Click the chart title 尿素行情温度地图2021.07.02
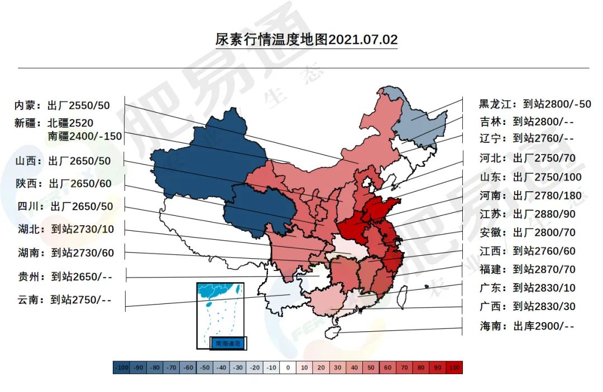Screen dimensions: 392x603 (x=307, y=40)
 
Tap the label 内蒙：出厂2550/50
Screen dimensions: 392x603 (x=62, y=105)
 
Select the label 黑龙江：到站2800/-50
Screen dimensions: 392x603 (x=535, y=104)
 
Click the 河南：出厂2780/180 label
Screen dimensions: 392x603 (x=530, y=196)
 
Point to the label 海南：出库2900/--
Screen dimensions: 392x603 (x=527, y=326)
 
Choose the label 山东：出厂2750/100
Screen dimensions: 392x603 (x=530, y=177)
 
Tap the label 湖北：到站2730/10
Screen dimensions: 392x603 (x=66, y=229)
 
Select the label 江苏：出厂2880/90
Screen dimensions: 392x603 (x=528, y=214)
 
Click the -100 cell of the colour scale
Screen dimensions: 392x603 (x=121, y=367)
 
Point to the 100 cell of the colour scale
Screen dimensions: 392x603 (x=454, y=367)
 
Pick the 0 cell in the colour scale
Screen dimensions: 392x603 (x=288, y=367)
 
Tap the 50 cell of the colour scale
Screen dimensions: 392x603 (x=371, y=367)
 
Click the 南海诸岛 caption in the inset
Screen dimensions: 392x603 (x=228, y=343)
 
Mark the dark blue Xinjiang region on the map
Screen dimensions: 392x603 (x=195, y=162)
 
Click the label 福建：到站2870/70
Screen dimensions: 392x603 (x=527, y=270)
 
